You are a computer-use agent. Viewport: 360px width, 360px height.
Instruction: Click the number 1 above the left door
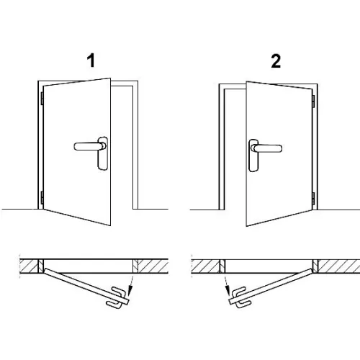point(91,60)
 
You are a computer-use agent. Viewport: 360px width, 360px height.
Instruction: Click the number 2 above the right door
point(276,61)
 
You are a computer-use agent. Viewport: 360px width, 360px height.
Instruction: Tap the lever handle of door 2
point(266,148)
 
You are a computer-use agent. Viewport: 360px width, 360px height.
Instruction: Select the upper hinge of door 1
point(42,99)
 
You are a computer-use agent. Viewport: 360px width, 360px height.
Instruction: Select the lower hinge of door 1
point(42,198)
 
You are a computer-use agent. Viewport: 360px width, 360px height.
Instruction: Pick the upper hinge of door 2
point(313,101)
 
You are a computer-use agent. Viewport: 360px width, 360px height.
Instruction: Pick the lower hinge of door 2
point(313,199)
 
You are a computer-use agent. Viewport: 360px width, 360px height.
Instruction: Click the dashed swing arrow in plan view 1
point(131,286)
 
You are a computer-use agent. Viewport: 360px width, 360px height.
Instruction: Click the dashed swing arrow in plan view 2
point(227,286)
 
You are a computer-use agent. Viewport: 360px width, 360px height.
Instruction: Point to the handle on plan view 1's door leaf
point(116,297)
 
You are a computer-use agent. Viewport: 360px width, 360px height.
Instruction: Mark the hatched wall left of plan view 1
point(29,266)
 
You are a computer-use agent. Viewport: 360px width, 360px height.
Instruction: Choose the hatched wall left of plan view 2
point(206,266)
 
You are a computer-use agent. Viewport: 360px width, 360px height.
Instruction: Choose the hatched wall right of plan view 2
point(339,266)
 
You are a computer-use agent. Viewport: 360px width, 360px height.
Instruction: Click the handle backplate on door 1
point(103,153)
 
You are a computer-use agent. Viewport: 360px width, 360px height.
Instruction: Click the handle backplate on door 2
point(253,156)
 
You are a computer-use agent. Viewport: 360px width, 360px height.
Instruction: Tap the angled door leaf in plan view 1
point(86,286)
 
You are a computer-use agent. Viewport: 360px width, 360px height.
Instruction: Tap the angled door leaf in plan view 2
point(271,287)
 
